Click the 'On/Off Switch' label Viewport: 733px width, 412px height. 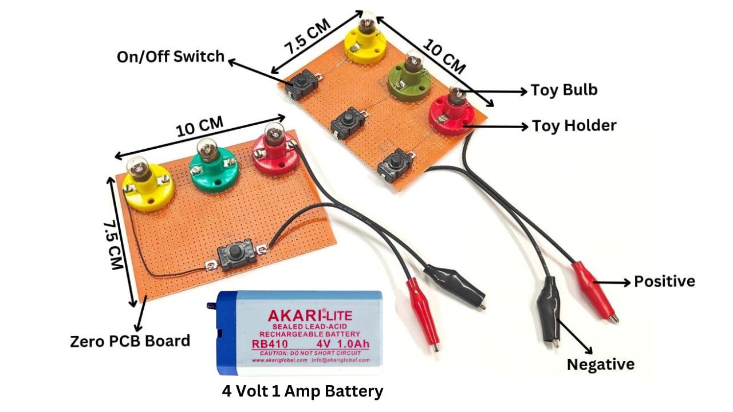click(x=170, y=57)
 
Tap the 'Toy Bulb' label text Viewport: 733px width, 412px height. click(x=564, y=90)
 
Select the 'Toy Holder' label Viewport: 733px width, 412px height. click(x=574, y=125)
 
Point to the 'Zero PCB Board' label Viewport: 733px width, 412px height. click(x=129, y=341)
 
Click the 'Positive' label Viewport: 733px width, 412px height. click(x=664, y=281)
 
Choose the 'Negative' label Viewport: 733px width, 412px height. click(x=600, y=365)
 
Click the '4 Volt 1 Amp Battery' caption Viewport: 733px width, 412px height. click(x=302, y=391)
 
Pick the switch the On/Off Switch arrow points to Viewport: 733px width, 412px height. click(x=300, y=85)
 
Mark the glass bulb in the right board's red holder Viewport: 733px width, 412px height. click(x=456, y=95)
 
